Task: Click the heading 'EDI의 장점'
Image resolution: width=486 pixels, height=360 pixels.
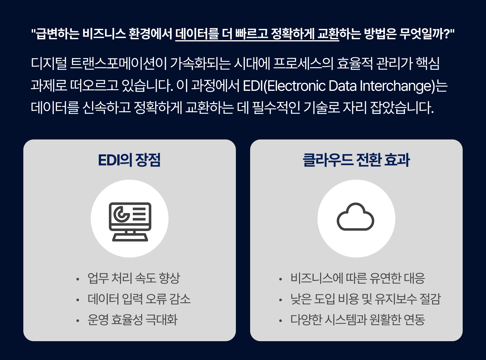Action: pos(129,160)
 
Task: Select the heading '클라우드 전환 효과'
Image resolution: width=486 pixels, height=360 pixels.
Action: pos(356,160)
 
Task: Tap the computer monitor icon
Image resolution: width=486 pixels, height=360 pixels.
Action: pos(130,222)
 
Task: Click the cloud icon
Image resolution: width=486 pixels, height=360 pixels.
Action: pos(355,217)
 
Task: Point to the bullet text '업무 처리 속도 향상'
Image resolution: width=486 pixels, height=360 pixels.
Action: pos(134,278)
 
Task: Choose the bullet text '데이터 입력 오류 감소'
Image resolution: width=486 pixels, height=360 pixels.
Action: pos(139,299)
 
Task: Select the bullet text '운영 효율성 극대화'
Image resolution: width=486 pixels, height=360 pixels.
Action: pos(132,319)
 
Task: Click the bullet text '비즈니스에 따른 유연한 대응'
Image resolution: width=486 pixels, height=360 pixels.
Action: pos(358,278)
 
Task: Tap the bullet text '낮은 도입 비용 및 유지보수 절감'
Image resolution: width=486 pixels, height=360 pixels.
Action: pos(365,299)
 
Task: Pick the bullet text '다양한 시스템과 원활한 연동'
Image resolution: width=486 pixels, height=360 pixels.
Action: pos(358,319)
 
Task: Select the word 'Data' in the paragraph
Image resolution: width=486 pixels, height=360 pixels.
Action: pos(342,86)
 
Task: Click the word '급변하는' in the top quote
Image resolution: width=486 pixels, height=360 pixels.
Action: pos(57,34)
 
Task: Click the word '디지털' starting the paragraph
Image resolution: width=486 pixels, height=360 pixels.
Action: pos(49,64)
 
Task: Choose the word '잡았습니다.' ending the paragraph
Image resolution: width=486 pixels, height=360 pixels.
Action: pos(402,108)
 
